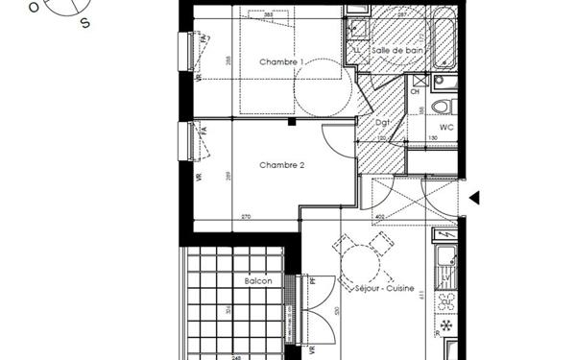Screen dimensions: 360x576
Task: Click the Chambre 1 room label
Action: (281, 62)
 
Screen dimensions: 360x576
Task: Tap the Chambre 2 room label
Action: (281, 165)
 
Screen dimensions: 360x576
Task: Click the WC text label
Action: (445, 127)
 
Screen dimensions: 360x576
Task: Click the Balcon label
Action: (257, 281)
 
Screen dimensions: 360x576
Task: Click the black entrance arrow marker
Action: (473, 198)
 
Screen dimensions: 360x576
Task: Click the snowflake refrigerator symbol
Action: (446, 327)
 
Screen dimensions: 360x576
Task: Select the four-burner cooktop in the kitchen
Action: (446, 300)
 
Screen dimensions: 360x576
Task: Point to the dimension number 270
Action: (246, 217)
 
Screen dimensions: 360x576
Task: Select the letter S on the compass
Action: (85, 24)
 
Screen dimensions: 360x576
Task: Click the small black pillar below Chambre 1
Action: (291, 122)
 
